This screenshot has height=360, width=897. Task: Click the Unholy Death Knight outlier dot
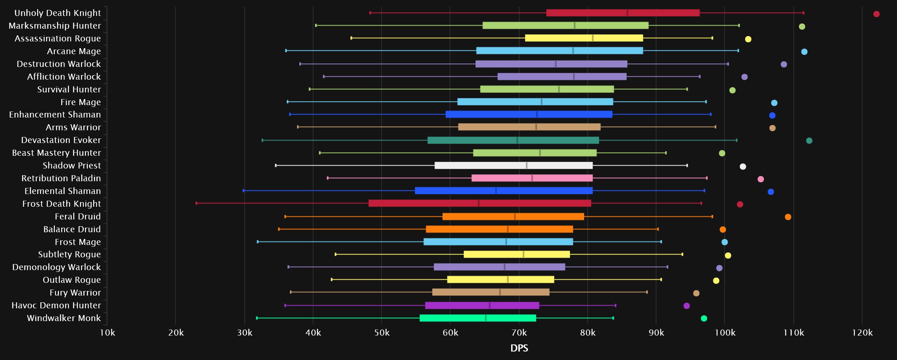pos(876,14)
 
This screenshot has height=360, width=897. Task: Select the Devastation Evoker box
pos(513,140)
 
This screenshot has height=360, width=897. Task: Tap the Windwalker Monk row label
pos(64,318)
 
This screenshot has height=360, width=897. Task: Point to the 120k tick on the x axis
pos(862,333)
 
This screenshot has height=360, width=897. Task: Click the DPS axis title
pos(519,348)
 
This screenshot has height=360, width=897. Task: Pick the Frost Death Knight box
pos(480,203)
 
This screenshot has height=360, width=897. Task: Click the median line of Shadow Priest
pos(526,165)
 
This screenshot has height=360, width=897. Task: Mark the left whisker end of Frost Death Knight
pos(196,203)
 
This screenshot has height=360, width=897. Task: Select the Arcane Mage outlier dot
pos(804,52)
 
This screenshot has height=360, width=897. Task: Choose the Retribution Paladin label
pos(61,178)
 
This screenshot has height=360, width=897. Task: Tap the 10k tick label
pos(107,333)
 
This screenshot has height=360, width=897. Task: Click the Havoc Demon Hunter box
pos(482,305)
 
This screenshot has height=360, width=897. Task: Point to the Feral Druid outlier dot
pos(788,217)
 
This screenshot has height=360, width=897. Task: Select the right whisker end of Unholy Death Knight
pos(804,13)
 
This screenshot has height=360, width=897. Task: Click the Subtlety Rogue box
pos(516,254)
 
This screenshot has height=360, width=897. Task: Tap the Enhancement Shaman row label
pos(55,114)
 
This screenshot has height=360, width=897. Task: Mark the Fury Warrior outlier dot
pos(696,293)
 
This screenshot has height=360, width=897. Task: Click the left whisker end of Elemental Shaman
pos(244,191)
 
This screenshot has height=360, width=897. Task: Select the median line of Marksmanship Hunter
pos(574,25)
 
